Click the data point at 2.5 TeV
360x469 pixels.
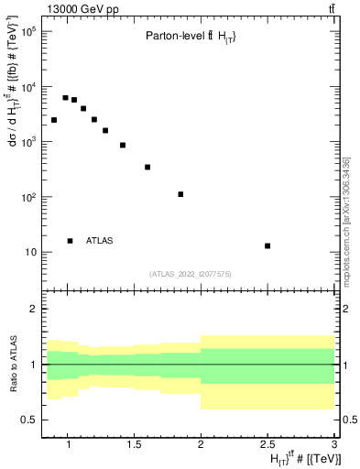pos(267,245)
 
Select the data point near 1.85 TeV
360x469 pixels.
pos(180,194)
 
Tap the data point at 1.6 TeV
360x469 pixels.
pos(147,168)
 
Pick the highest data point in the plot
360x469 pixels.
pos(65,98)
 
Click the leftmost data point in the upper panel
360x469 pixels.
pos(54,120)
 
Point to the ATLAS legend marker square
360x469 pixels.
pos(70,241)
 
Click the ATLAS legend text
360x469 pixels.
pos(100,241)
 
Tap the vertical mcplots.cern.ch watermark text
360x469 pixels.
pos(346,220)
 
